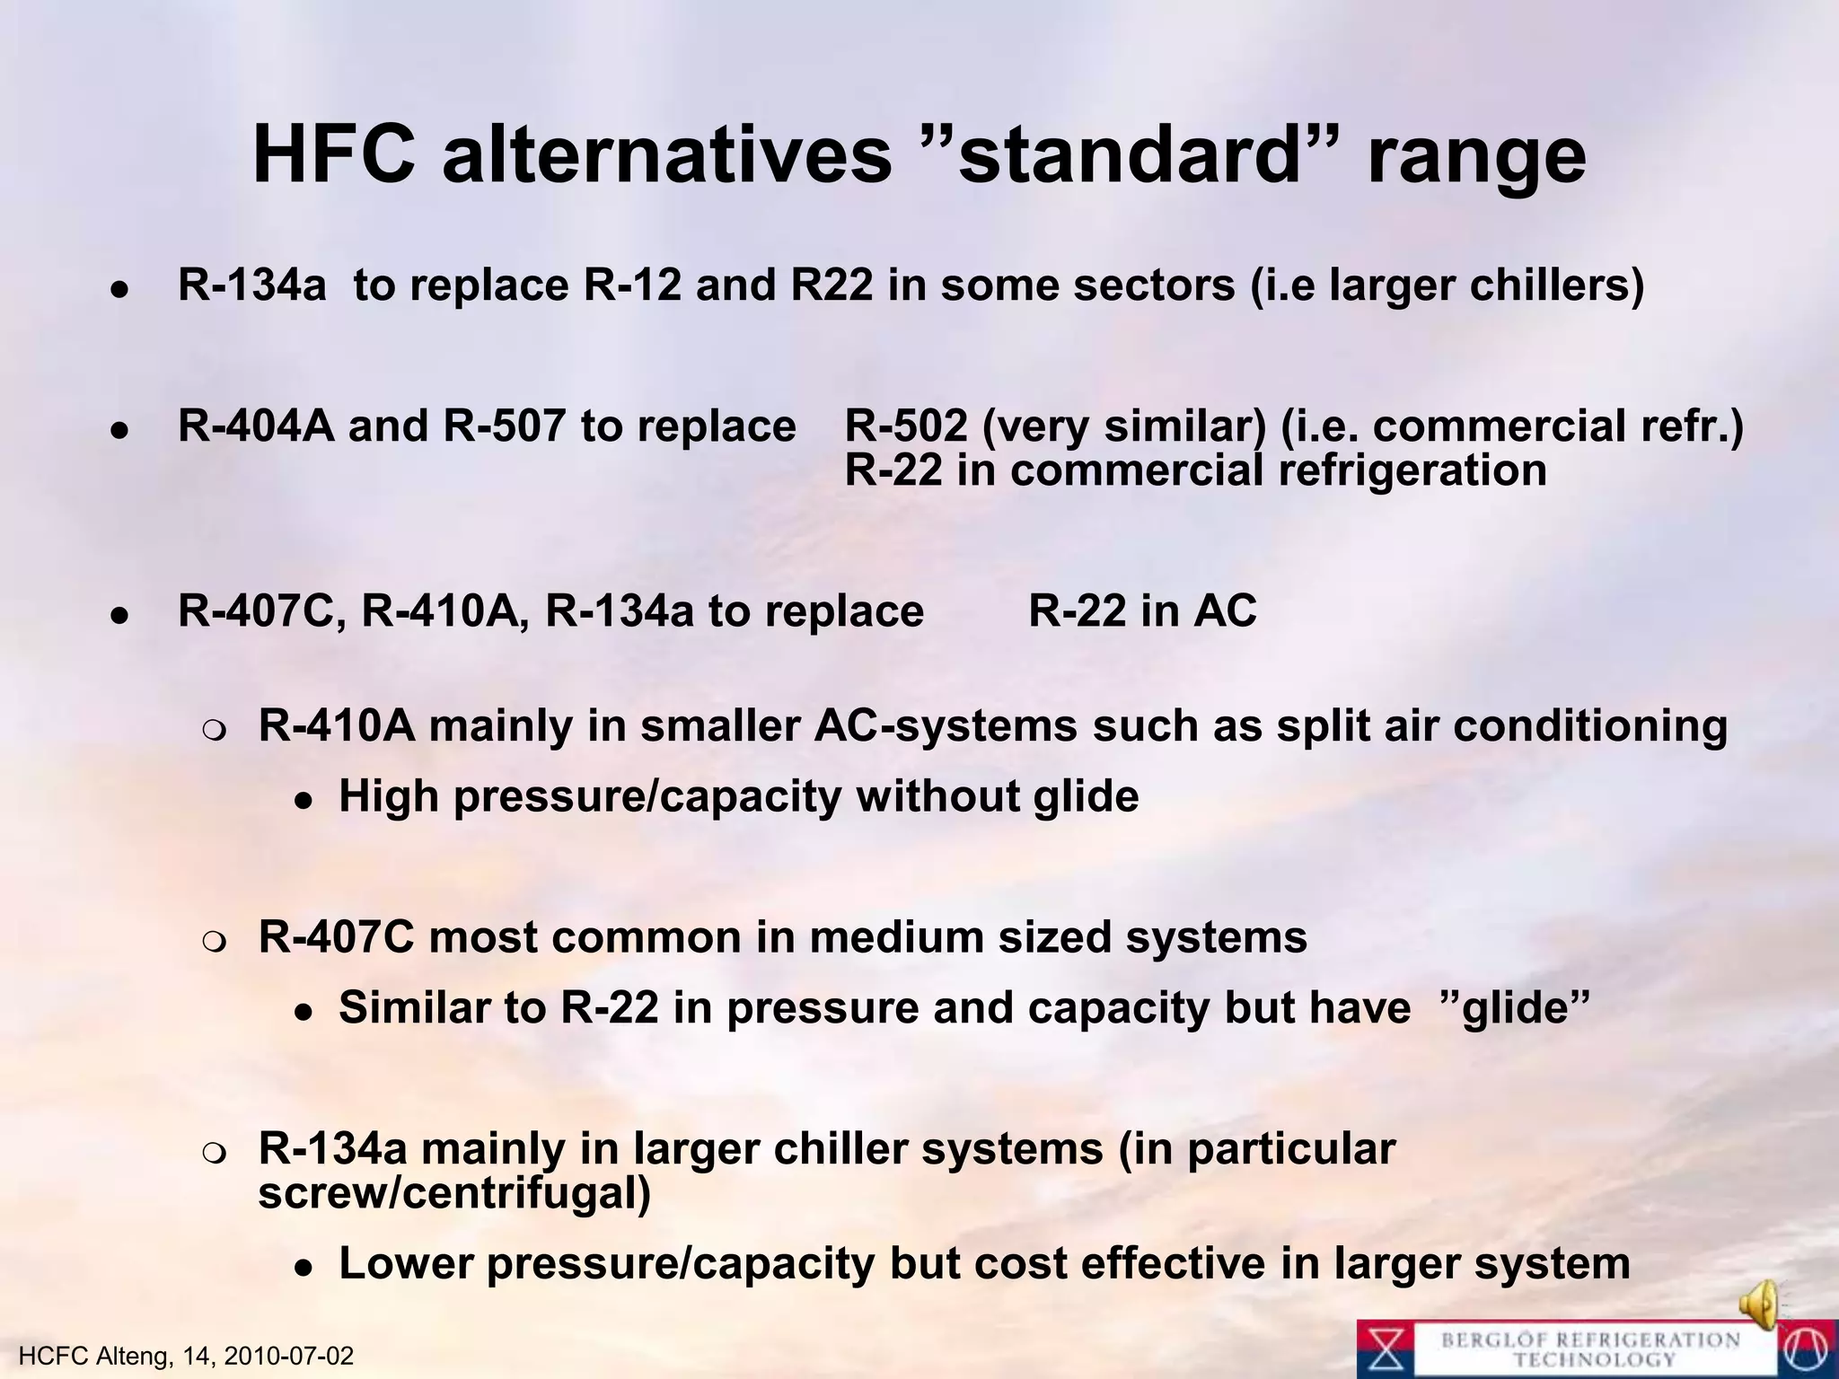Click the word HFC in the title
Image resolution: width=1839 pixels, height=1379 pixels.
tap(333, 155)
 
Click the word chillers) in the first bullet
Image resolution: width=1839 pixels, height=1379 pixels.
tap(1560, 285)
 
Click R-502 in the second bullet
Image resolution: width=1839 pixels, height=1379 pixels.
tap(906, 426)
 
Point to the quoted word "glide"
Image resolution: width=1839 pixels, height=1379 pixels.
tap(1520, 1007)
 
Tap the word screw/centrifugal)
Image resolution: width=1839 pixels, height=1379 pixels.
tap(454, 1193)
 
